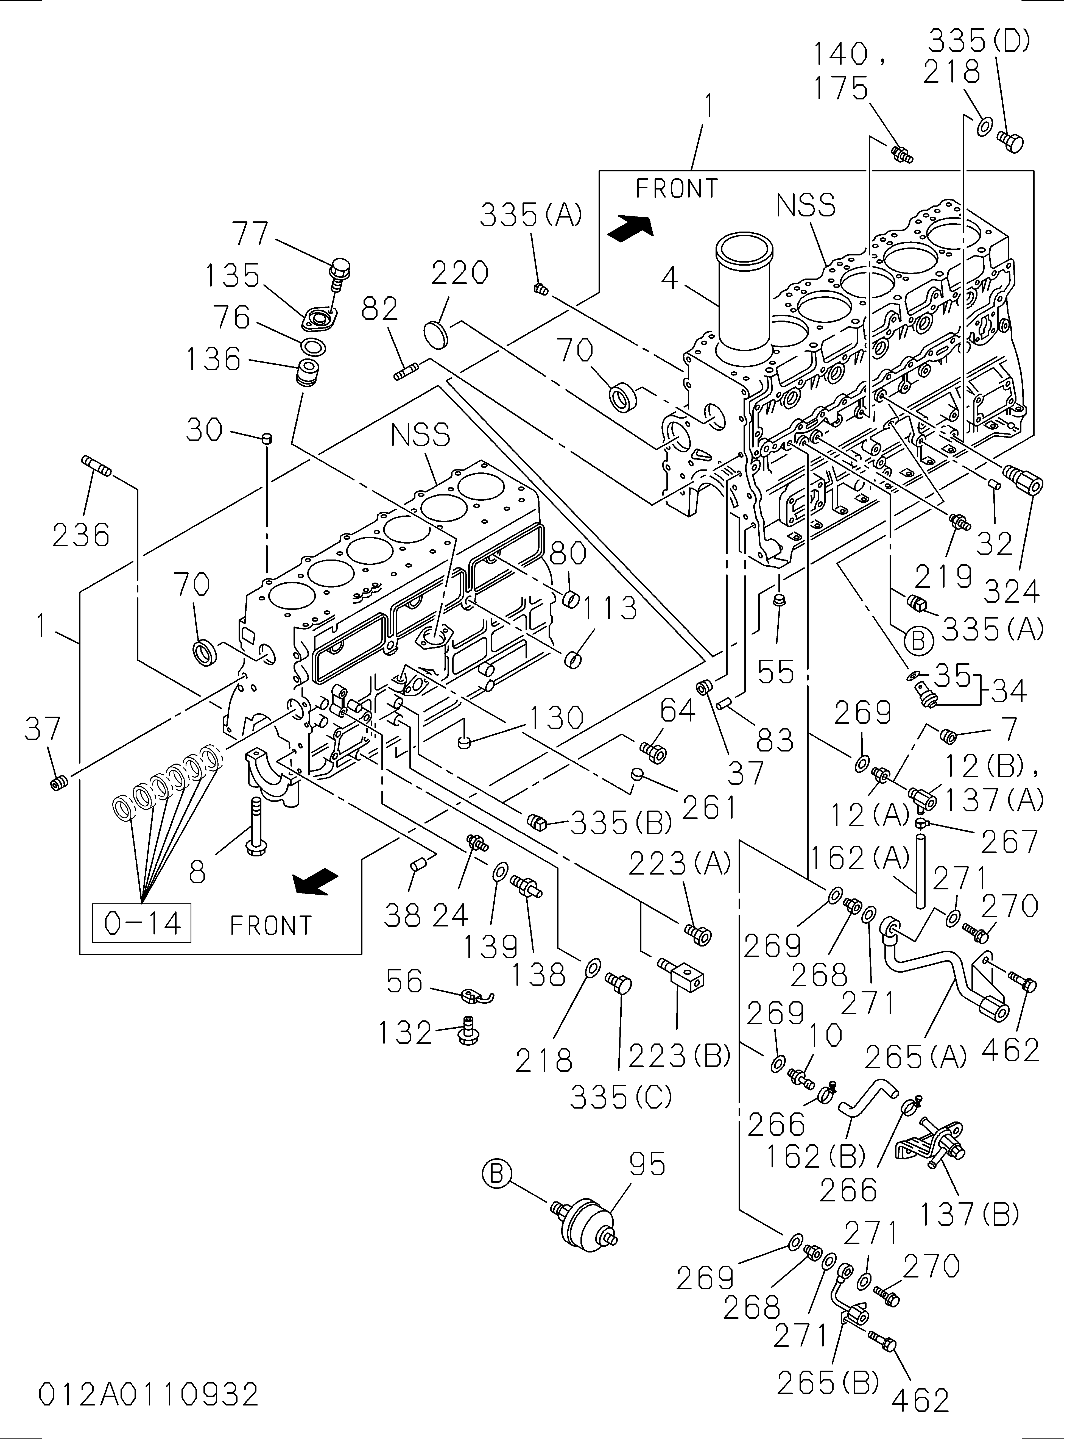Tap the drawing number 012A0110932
pos(149,1396)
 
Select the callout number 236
pos(81,535)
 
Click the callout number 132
pos(405,1032)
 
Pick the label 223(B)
pos(679,1056)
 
